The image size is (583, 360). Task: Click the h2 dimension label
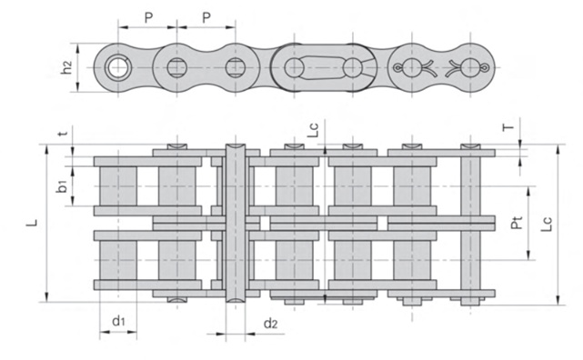pos(67,67)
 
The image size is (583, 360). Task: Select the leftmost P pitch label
pos(148,17)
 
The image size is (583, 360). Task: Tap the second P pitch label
pos(206,17)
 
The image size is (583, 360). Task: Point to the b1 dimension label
pos(62,186)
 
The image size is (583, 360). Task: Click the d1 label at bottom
pos(118,320)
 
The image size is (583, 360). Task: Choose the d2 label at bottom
pos(270,324)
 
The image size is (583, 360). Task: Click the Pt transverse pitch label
pos(517,223)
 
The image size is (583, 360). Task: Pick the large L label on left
pos(34,223)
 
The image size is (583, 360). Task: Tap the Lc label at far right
pos(547,224)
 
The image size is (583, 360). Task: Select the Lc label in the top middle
pos(314,130)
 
